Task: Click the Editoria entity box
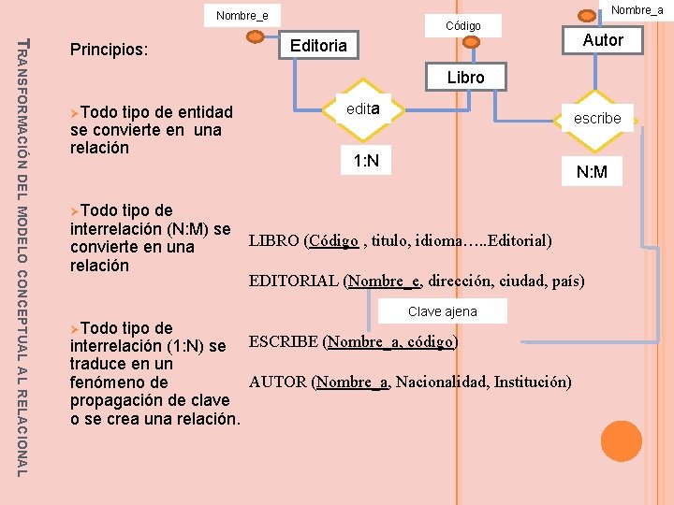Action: point(319,45)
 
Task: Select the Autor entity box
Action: point(602,40)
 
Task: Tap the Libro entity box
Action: point(465,78)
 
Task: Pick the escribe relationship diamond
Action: point(597,118)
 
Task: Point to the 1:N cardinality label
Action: point(366,162)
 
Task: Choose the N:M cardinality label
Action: point(592,172)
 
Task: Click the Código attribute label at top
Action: point(462,26)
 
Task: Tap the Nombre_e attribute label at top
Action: point(242,15)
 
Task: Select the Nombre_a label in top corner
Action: point(637,9)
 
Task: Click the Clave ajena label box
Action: point(442,311)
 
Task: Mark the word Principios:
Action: point(109,48)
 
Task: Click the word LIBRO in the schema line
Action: point(274,241)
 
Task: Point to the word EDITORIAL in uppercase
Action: point(294,281)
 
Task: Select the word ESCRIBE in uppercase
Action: point(284,341)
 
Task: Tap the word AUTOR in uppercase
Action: point(279,382)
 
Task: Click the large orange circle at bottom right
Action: point(621,440)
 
